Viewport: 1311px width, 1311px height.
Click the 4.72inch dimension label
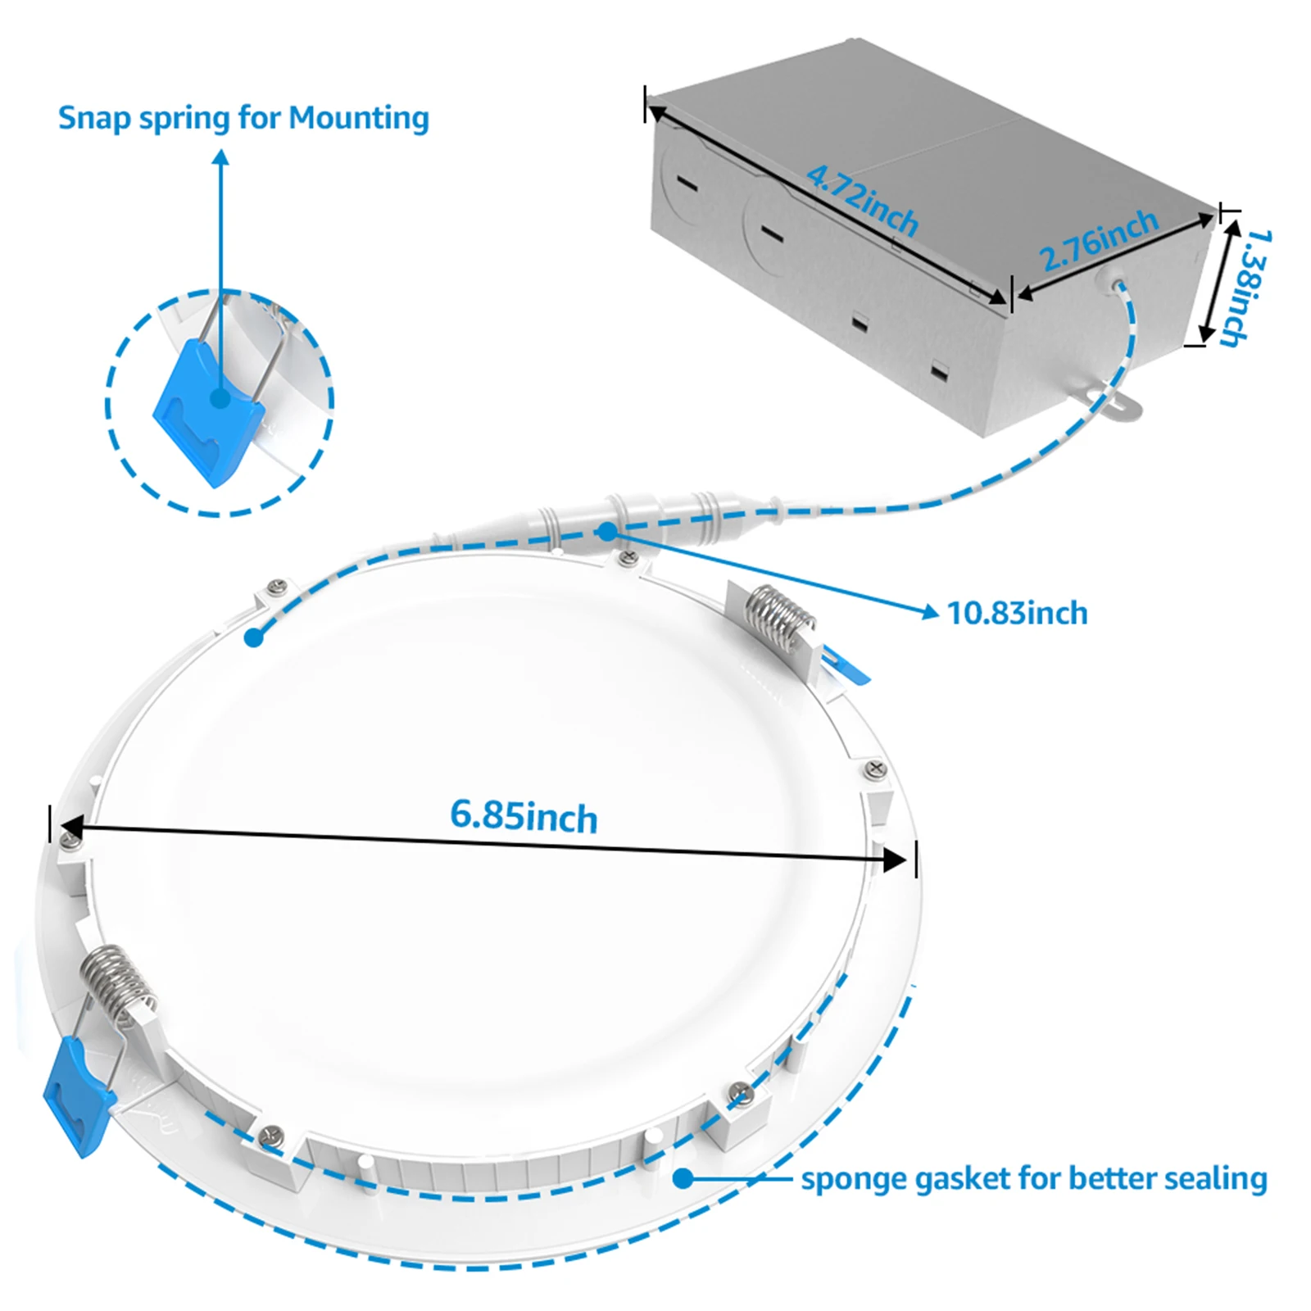pyautogui.click(x=862, y=199)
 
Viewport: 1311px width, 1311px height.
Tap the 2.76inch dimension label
pyautogui.click(x=1099, y=240)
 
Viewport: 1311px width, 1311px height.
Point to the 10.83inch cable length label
pyautogui.click(x=1017, y=613)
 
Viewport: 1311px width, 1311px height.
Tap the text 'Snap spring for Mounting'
pyautogui.click(x=243, y=118)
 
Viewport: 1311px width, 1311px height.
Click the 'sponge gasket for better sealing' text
pyautogui.click(x=1033, y=1179)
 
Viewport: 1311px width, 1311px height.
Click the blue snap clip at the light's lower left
pyautogui.click(x=78, y=1094)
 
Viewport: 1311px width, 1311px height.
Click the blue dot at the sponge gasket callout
pyautogui.click(x=683, y=1178)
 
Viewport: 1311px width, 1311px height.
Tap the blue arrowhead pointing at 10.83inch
pyautogui.click(x=930, y=610)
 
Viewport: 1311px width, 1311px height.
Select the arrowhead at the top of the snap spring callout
pyautogui.click(x=220, y=157)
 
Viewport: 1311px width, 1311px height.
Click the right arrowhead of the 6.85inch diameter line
pyautogui.click(x=895, y=860)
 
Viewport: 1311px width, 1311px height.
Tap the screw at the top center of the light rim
pyautogui.click(x=628, y=558)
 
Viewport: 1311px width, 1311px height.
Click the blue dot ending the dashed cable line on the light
pyautogui.click(x=254, y=637)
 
